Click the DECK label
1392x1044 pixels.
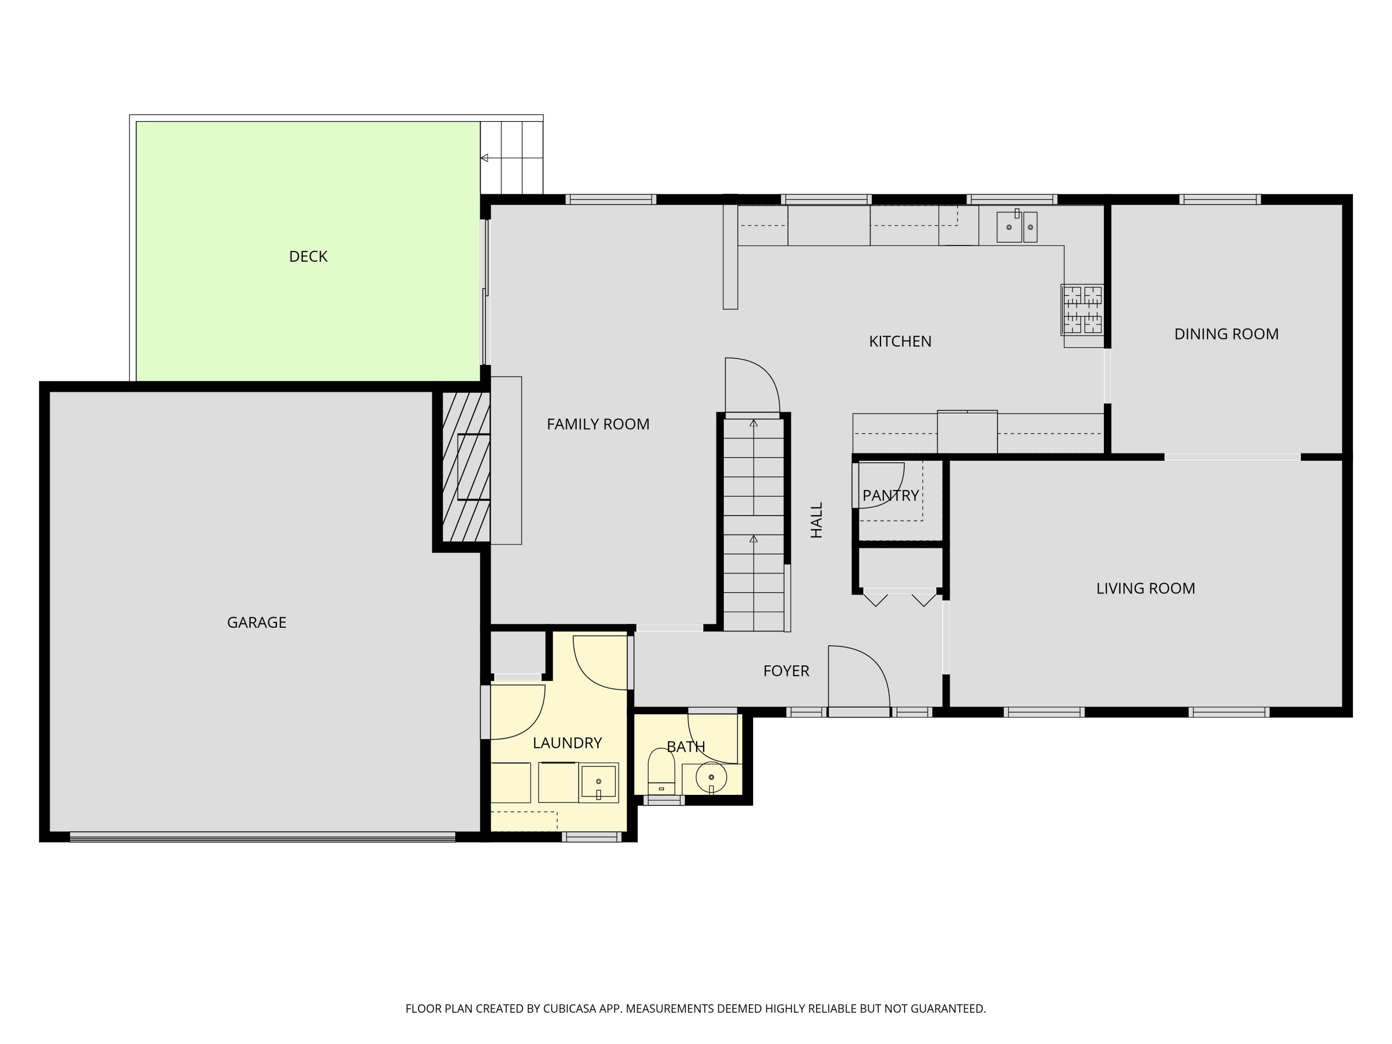point(308,256)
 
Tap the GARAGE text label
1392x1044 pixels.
point(256,622)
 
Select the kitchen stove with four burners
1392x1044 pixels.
point(1083,309)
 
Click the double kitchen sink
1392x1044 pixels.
point(1016,226)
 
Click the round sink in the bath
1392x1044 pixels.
point(711,778)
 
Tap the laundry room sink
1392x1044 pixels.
point(598,782)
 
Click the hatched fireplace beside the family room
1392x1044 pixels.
point(466,466)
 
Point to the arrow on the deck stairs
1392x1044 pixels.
point(484,158)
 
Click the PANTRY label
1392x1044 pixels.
point(890,496)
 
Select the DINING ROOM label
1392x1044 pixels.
point(1226,334)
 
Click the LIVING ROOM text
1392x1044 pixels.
point(1145,588)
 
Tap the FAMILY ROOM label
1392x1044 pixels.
point(598,424)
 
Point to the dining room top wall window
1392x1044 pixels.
point(1219,200)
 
